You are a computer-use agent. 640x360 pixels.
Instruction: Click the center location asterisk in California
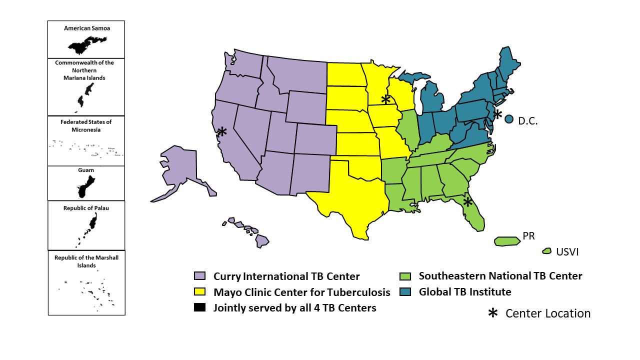click(222, 131)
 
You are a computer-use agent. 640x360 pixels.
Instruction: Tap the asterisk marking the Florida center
click(467, 201)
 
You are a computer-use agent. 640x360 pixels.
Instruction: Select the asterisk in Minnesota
click(385, 99)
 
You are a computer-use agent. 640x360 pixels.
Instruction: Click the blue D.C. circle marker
click(509, 119)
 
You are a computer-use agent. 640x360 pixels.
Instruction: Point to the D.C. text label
click(527, 121)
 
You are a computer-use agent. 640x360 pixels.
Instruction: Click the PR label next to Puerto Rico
click(529, 235)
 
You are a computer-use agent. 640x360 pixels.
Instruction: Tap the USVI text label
click(567, 252)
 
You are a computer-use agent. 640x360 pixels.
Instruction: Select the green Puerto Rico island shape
click(507, 241)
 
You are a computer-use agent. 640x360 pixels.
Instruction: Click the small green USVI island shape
click(546, 251)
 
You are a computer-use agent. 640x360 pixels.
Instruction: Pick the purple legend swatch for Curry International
click(199, 276)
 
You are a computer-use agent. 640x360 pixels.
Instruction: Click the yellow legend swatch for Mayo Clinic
click(199, 292)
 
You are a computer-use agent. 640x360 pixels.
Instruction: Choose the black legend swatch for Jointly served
click(199, 308)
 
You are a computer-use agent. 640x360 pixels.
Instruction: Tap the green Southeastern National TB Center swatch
click(405, 276)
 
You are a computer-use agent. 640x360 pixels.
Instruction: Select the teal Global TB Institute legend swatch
click(405, 292)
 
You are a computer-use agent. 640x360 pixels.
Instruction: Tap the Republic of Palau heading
click(86, 208)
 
